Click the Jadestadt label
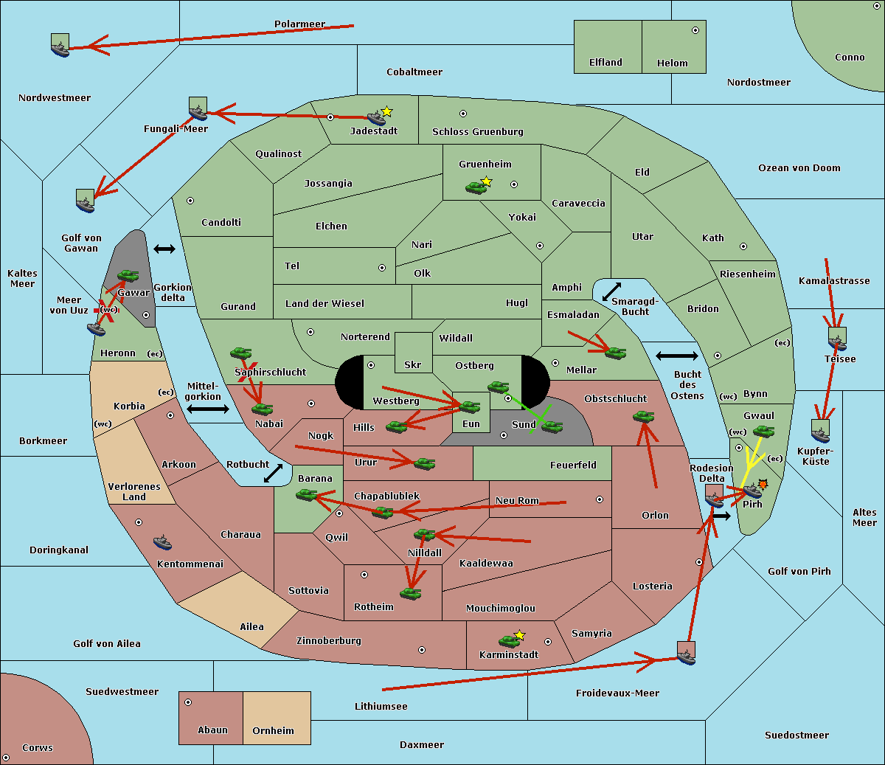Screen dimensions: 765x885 tap(374, 131)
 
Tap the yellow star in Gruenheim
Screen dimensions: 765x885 tap(486, 181)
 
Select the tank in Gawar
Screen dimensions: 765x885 tap(128, 276)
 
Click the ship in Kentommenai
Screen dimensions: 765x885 tap(163, 543)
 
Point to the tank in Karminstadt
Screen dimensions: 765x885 tap(509, 641)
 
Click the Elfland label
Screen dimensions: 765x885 tap(605, 63)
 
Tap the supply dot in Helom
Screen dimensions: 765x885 tap(695, 30)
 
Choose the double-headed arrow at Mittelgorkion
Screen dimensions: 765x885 tap(208, 409)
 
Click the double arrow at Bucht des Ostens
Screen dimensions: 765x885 tap(676, 356)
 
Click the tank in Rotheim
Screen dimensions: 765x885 tap(411, 593)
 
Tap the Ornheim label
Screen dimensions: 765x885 tap(273, 731)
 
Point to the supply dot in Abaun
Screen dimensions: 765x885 tap(188, 702)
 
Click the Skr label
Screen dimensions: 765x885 tap(412, 365)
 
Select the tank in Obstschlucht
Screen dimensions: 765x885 tap(643, 417)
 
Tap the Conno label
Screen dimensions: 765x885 tap(850, 58)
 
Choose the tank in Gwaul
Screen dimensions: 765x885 tap(763, 432)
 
